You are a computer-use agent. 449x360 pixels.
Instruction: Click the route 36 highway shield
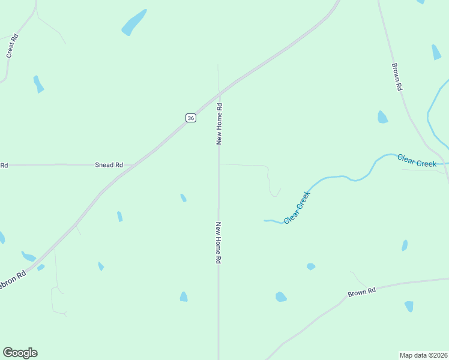(x=190, y=118)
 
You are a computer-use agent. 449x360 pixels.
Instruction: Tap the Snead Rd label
(x=109, y=165)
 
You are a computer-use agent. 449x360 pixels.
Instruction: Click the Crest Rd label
(x=12, y=46)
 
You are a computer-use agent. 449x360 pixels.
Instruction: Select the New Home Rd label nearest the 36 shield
(x=220, y=124)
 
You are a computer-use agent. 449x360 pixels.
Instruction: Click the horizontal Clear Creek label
(x=417, y=160)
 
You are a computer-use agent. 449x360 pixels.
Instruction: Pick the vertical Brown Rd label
(x=397, y=77)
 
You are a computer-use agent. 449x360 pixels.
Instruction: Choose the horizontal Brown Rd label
(x=362, y=292)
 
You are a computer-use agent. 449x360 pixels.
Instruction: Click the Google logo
(x=20, y=353)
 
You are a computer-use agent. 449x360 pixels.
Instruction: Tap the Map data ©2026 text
(x=424, y=355)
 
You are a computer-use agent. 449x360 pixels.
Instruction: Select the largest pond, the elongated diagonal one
(x=134, y=23)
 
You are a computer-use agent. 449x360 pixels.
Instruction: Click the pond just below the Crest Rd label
(x=38, y=84)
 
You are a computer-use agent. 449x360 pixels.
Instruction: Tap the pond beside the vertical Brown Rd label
(x=382, y=117)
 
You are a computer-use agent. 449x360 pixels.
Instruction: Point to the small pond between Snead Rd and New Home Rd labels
(x=183, y=197)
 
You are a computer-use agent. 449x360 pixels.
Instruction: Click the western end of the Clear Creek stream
(x=265, y=221)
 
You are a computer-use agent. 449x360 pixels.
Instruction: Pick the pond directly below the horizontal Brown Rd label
(x=409, y=306)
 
